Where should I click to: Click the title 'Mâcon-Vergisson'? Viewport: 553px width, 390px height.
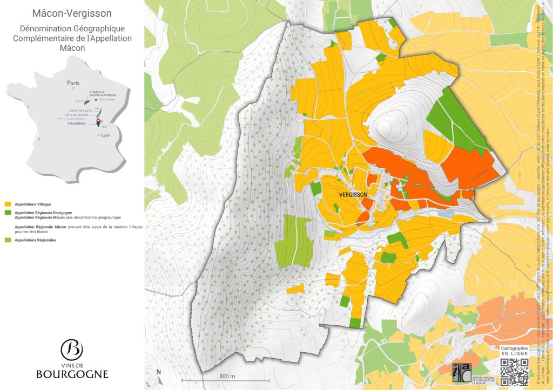(72, 13)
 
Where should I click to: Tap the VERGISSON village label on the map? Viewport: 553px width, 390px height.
(354, 194)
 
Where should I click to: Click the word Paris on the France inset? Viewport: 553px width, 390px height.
(73, 83)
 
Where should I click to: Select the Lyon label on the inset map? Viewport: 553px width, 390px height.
(105, 135)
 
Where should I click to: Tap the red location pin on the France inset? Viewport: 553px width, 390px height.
(98, 122)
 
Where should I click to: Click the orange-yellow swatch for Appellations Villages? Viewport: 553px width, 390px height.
(7, 204)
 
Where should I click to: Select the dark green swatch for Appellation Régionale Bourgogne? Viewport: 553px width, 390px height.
(7, 213)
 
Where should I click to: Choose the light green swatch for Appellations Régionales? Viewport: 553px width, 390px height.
(7, 240)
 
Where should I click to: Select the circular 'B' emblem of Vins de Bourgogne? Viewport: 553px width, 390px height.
(72, 350)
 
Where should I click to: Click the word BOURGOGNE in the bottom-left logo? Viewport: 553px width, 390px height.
(72, 374)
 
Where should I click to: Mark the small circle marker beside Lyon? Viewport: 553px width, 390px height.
(98, 135)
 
